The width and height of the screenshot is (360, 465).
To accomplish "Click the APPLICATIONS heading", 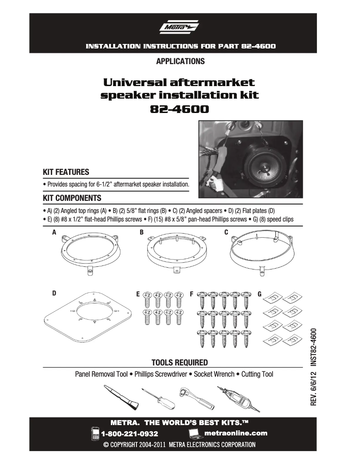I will (180, 61).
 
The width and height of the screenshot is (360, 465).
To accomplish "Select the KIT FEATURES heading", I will (66, 172).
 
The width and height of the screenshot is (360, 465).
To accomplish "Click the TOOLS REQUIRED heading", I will (180, 362).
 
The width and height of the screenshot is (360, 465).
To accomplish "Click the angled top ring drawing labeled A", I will (90, 253).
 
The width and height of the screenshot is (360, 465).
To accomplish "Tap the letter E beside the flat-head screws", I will (138, 294).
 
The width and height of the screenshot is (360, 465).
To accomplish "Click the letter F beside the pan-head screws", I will (192, 294).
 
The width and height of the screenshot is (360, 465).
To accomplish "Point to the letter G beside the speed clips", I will (259, 294).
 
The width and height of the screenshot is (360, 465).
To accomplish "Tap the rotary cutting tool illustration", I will (238, 397).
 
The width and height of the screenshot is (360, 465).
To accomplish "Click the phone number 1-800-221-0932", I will (130, 434).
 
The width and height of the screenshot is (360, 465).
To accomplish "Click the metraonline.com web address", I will (235, 433).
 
